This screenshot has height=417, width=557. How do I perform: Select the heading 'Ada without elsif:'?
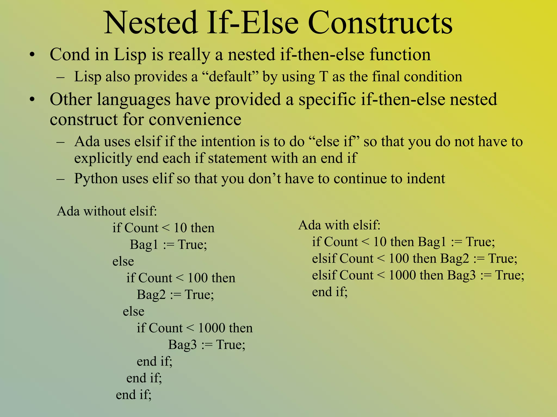[x=107, y=211]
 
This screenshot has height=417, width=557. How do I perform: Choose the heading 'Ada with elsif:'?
[x=339, y=225]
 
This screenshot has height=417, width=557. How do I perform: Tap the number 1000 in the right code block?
[x=402, y=275]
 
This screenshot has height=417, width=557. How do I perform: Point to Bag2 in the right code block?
[x=455, y=258]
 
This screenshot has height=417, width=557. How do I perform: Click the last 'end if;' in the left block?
[x=134, y=395]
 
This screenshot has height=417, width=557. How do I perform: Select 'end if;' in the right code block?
[x=330, y=292]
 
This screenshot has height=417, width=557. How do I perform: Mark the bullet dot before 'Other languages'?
[x=33, y=100]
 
